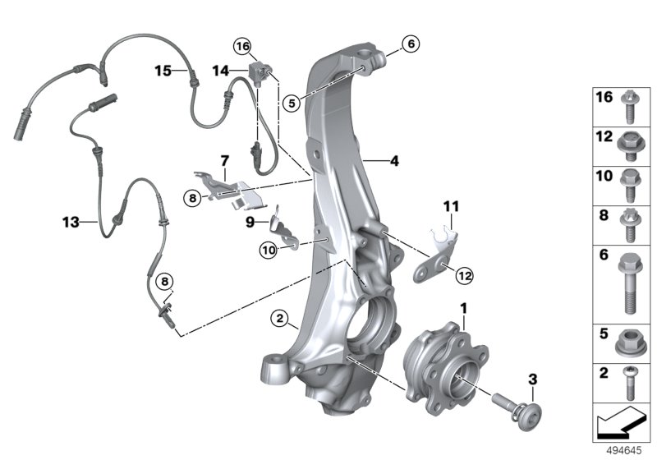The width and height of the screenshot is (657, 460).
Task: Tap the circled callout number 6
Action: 411,43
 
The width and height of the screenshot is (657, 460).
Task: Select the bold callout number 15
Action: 163,71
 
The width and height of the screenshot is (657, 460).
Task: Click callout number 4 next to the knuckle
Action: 394,162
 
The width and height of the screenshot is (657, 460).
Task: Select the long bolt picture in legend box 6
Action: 627,283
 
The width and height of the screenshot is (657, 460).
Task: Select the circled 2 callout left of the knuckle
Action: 280,318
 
